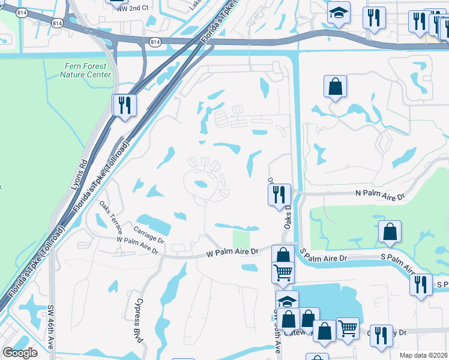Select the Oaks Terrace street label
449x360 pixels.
tap(111, 217)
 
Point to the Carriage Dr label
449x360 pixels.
tap(149, 234)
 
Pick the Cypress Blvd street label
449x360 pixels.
tap(139, 320)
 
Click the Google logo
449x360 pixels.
tap(20, 353)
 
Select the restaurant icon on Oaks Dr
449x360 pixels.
tap(279, 194)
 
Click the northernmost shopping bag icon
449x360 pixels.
tap(335, 86)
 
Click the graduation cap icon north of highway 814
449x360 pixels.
tap(339, 13)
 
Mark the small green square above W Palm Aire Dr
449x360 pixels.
tap(241, 238)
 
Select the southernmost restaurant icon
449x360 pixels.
tap(380, 335)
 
